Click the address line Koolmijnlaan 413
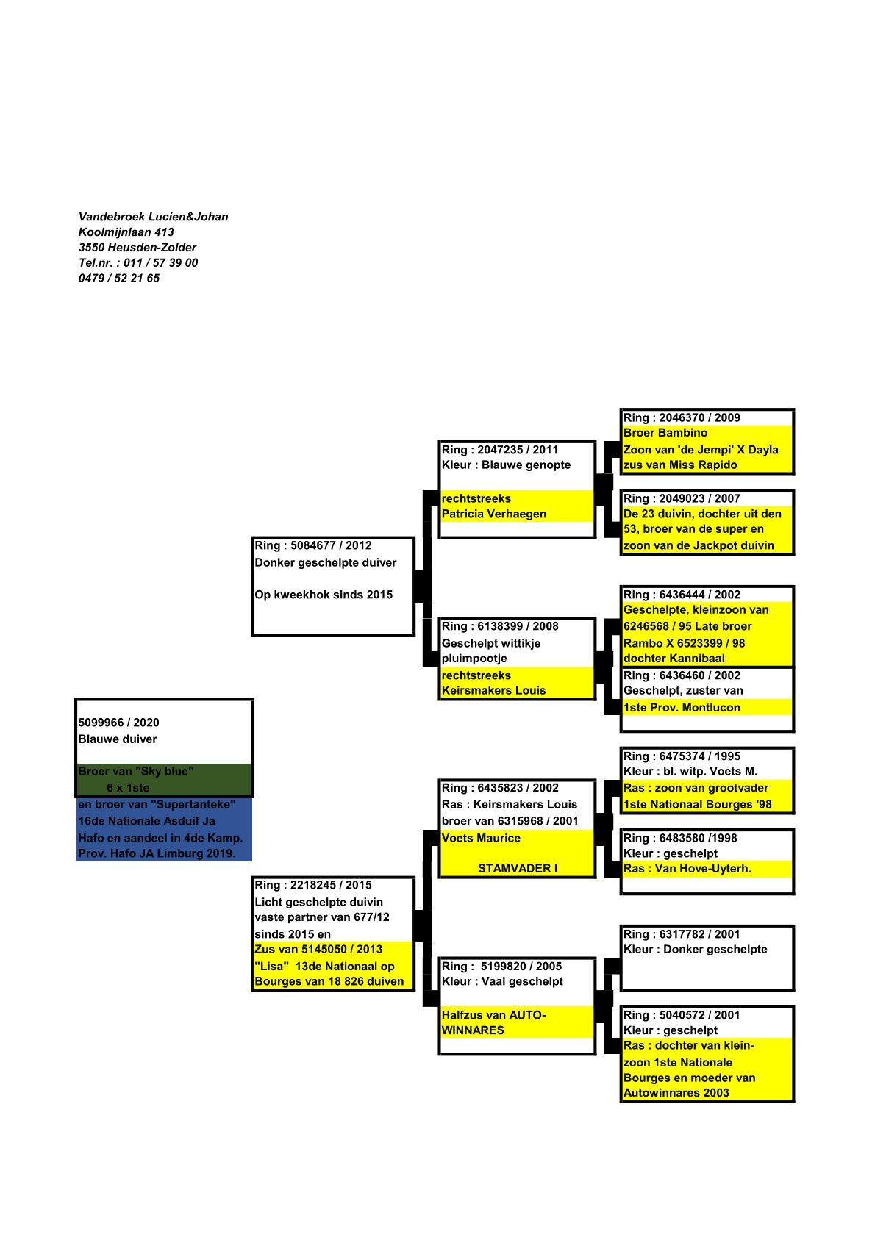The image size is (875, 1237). [x=126, y=232]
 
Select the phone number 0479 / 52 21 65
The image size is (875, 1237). [x=118, y=279]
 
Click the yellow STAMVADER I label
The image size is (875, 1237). [x=517, y=868]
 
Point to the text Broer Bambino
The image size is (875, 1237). [x=665, y=433]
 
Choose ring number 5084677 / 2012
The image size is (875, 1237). [x=312, y=545]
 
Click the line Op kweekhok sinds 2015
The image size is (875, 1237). [x=323, y=595]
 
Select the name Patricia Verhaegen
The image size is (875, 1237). [x=493, y=514]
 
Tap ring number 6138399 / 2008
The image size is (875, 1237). [x=499, y=626]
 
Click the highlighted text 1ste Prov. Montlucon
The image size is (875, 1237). [x=681, y=707]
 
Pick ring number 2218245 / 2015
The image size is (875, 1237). [x=312, y=885]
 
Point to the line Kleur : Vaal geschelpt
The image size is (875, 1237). [x=501, y=981]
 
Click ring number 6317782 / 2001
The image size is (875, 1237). [x=681, y=934]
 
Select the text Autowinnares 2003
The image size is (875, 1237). [x=676, y=1093]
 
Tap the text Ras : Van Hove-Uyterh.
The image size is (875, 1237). [x=687, y=868]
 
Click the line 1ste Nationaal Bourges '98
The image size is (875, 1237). [x=697, y=804]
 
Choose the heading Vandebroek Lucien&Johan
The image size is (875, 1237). [x=153, y=217]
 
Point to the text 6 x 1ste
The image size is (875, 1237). [x=127, y=788]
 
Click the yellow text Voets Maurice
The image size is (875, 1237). [x=480, y=838]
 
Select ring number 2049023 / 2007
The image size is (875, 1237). [x=681, y=498]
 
